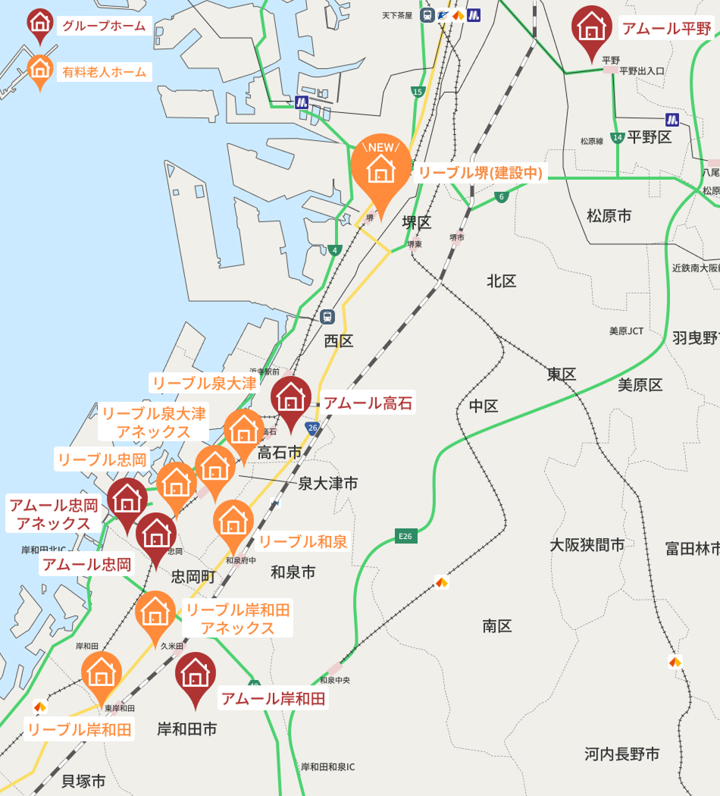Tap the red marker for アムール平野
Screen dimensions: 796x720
pos(592,28)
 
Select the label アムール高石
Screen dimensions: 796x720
pos(368,403)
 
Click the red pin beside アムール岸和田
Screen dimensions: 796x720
pos(196,674)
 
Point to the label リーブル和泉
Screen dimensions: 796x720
pos(302,541)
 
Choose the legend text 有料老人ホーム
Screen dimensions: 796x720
pos(104,72)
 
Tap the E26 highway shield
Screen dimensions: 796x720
pos(406,536)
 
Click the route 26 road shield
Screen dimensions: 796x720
pos(312,428)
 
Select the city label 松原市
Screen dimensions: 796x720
pos(609,216)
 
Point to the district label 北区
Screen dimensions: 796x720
pos(501,281)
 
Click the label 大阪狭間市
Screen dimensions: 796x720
pos(587,544)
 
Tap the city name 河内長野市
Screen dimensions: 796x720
pos(621,754)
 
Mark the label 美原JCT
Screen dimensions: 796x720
pos(626,331)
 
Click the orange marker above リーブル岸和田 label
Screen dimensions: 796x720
pos(102,673)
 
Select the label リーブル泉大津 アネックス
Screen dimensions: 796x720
pos(154,422)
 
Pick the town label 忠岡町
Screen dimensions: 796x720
pos(193,577)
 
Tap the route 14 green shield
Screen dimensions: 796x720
pos(618,138)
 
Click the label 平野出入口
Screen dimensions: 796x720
pos(642,71)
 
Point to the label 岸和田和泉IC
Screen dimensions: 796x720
pos(327,766)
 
